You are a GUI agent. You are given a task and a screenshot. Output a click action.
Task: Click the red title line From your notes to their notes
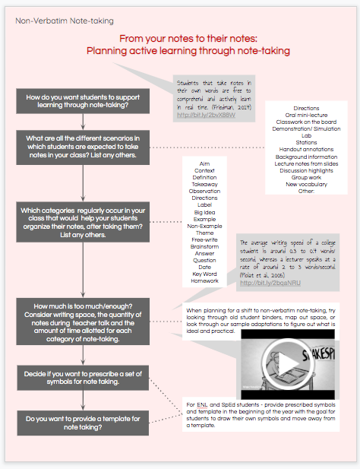[x=188, y=38]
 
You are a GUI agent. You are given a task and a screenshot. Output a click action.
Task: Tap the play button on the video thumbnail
[x=286, y=365]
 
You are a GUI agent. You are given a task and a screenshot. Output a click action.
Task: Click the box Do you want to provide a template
[x=84, y=423]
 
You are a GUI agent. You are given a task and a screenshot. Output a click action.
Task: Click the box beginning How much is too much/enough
[x=84, y=323]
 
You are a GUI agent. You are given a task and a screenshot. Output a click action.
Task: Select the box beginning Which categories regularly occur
[x=84, y=222]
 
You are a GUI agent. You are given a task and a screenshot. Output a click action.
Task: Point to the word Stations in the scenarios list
[x=306, y=142]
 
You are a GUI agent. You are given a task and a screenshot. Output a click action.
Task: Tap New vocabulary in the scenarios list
[x=306, y=184]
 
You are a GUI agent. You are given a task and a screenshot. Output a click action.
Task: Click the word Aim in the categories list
[x=204, y=163]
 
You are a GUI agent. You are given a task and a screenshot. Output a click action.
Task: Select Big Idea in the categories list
[x=204, y=212]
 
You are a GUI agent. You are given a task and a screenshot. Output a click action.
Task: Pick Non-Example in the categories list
[x=204, y=226]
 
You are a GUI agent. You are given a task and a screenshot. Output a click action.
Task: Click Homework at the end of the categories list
[x=204, y=280]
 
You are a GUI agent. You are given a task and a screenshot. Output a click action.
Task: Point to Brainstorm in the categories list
[x=204, y=246]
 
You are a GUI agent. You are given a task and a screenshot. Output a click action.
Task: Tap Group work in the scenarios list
[x=306, y=177]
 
